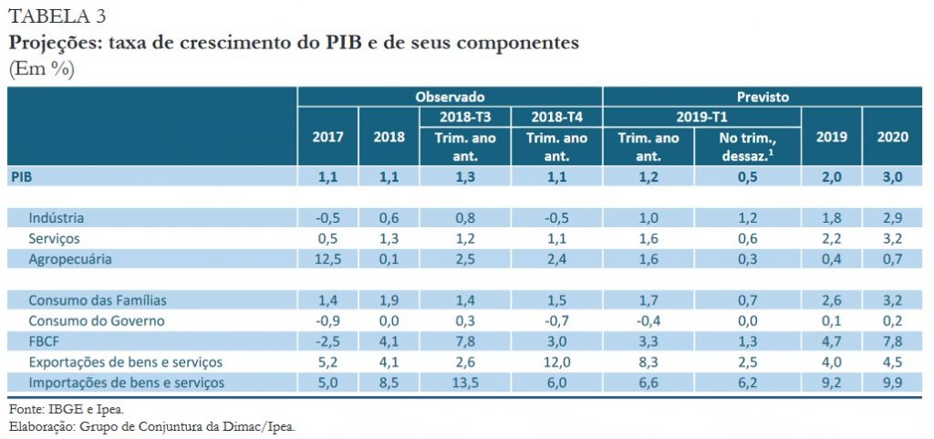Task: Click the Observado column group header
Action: coord(450,96)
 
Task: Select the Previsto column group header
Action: coord(763,96)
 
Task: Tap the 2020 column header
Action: coord(892,136)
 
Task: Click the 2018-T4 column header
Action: coord(556,117)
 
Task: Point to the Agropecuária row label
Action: coord(71,259)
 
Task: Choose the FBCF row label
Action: coord(44,341)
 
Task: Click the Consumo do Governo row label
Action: coord(96,320)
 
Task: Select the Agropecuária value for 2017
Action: coord(327,259)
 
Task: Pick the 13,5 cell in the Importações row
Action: coord(465,382)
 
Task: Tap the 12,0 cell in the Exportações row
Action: coord(556,361)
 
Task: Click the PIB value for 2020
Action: coord(892,177)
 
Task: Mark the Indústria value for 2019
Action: coord(832,218)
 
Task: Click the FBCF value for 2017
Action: coord(327,341)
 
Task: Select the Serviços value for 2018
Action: coord(389,238)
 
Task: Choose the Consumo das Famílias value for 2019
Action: coord(832,300)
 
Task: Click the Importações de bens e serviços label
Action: coord(126,382)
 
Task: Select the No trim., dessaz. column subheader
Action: coord(747,146)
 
